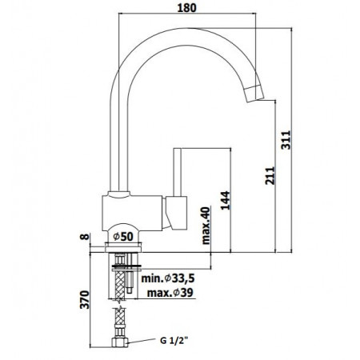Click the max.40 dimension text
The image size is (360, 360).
coord(206,225)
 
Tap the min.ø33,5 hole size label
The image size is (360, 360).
coord(166,280)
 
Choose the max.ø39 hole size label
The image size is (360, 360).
coord(170,294)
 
